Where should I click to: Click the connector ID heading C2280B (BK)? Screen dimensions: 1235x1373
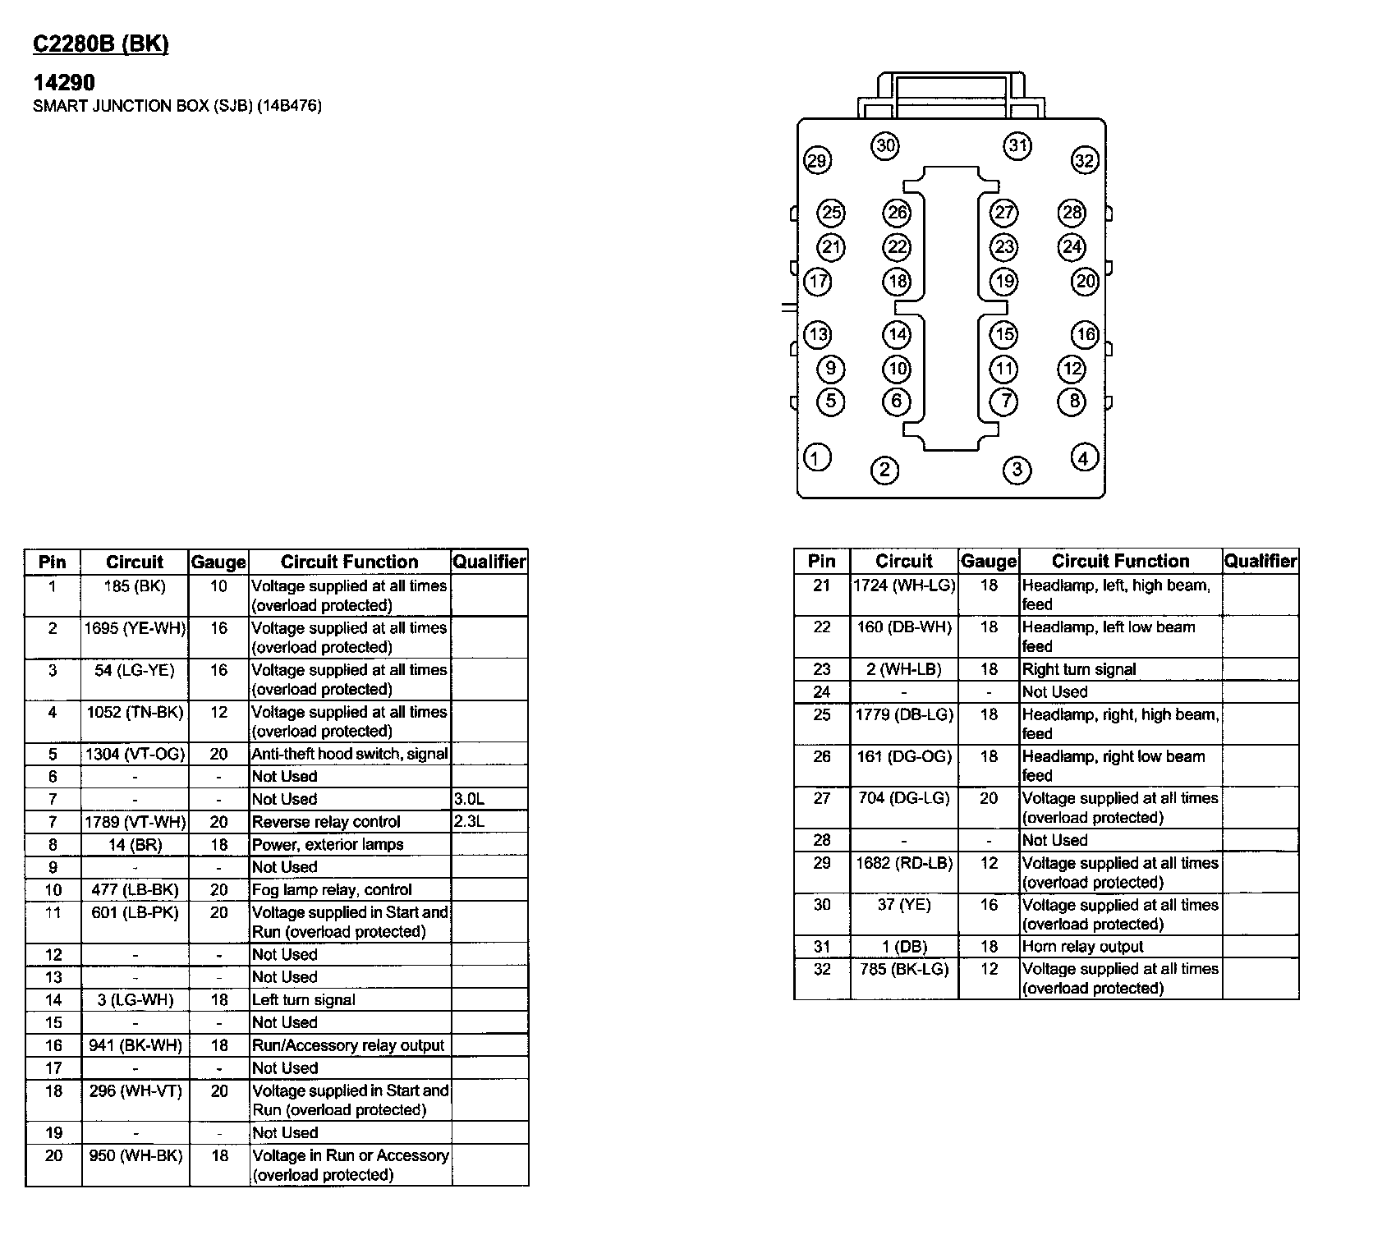100,44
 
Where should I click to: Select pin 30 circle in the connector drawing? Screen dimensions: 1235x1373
885,146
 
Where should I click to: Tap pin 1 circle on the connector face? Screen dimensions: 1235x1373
816,457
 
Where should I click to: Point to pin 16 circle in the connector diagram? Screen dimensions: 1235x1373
1086,334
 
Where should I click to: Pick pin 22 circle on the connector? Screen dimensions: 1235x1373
897,247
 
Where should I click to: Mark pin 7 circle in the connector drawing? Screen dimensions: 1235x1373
1004,402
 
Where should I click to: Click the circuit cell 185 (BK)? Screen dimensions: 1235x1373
135,586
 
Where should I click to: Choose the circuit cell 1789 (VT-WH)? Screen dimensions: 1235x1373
135,822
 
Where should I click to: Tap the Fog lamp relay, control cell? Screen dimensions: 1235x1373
332,889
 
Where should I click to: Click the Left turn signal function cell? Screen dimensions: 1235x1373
304,999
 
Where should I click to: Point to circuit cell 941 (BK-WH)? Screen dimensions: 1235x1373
135,1045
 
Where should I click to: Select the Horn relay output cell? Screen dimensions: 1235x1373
1082,946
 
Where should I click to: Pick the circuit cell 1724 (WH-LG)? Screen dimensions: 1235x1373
904,585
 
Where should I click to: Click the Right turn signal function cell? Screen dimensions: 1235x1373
1079,669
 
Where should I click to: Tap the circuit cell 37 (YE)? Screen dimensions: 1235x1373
904,905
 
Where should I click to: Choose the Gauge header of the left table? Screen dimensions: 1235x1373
218,562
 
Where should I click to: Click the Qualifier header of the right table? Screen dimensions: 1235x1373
1260,562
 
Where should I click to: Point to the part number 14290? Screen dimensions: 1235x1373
64,82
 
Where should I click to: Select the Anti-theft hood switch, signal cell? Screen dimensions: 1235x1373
350,754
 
